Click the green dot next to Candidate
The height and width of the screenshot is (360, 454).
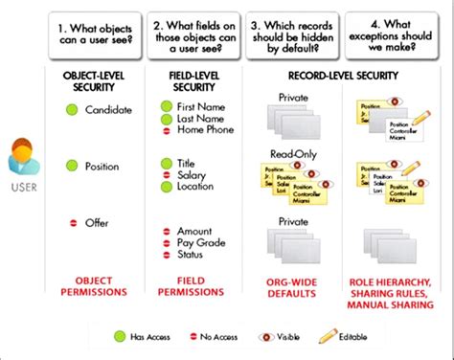pos(71,111)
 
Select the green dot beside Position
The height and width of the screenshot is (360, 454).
pos(71,166)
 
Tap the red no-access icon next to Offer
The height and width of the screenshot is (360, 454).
pos(72,223)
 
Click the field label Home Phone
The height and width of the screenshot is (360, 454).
pos(205,130)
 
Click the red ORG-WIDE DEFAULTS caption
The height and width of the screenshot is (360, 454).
pos(293,284)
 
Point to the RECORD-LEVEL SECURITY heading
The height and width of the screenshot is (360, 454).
pos(339,75)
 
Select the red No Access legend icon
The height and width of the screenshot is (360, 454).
pos(193,336)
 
